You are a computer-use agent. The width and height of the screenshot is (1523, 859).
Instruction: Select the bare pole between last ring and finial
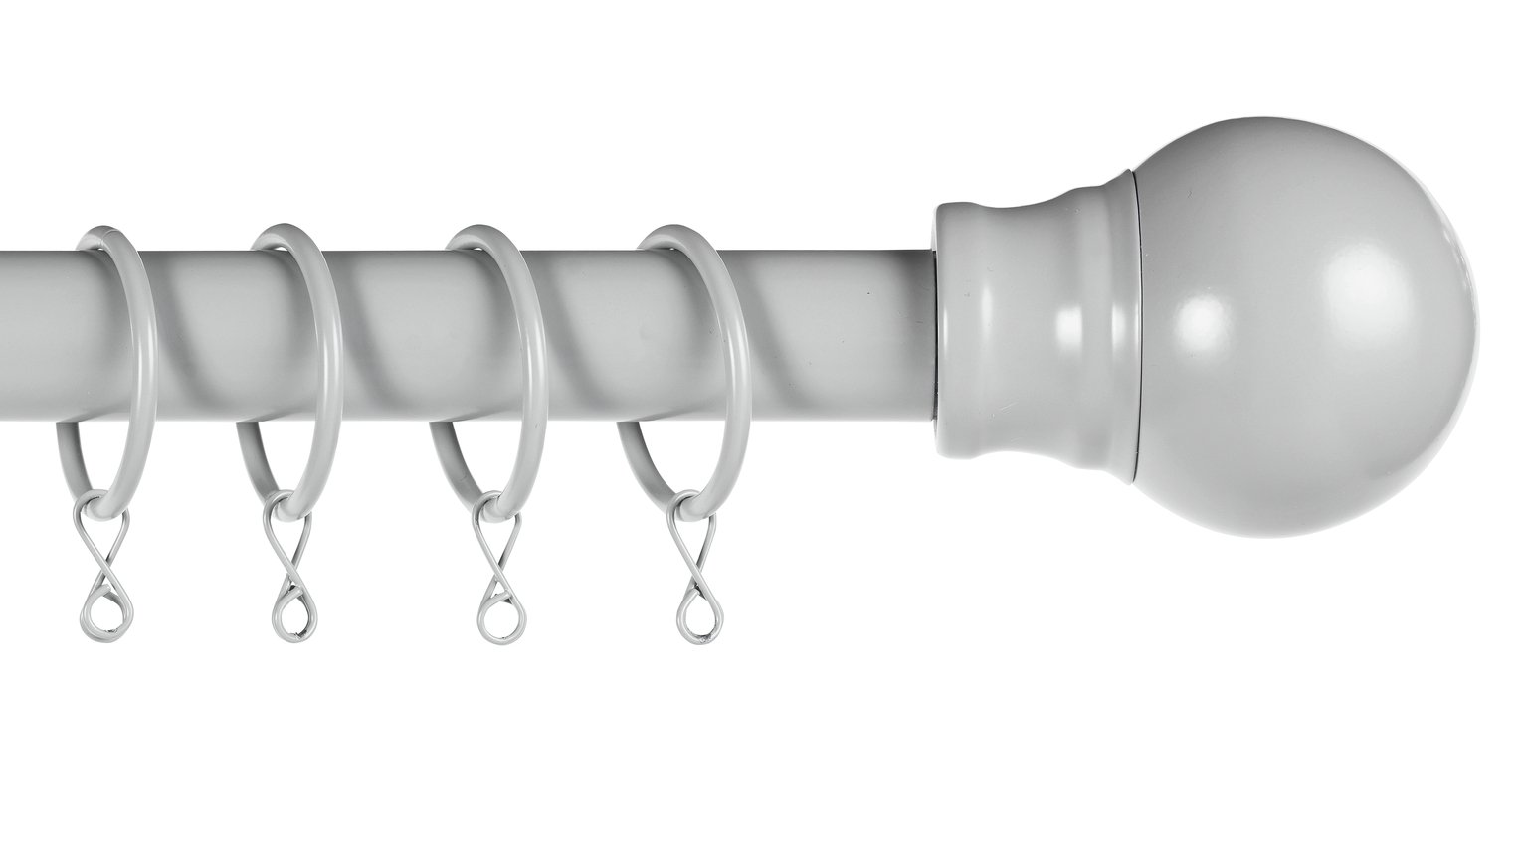[x=846, y=328]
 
